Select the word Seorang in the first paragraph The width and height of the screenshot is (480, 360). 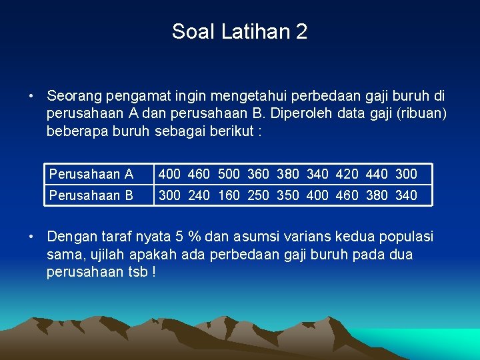coord(75,96)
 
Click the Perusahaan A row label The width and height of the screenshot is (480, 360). coord(91,174)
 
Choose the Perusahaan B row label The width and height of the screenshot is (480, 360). coord(91,195)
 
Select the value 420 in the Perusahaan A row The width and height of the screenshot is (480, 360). coord(347,174)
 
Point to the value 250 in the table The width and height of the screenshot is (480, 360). coord(258,195)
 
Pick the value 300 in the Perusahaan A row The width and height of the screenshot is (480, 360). coord(406,174)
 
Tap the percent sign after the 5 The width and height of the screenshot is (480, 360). coord(195,237)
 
